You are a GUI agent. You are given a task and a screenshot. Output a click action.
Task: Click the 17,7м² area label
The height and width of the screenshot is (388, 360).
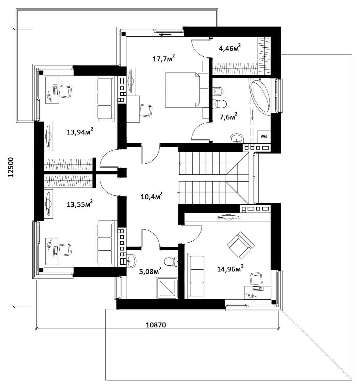click(x=164, y=58)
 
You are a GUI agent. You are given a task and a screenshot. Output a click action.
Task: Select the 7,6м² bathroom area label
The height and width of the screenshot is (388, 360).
click(x=229, y=117)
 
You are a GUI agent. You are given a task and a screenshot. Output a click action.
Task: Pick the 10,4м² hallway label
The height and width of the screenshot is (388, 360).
click(x=151, y=196)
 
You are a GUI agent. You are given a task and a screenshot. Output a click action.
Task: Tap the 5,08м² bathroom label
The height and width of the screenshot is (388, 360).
click(x=150, y=271)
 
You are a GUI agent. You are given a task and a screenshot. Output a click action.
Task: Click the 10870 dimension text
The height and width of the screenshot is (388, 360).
click(x=156, y=325)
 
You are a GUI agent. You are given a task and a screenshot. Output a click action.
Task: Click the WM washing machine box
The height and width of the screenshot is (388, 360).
click(x=264, y=137)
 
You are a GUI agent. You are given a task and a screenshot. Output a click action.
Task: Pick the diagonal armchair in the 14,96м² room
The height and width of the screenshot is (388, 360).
click(x=241, y=245)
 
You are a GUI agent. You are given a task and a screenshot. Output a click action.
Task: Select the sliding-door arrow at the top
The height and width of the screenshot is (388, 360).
click(x=165, y=35)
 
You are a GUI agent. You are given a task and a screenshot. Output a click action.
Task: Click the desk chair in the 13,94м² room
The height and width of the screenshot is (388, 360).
click(x=65, y=91)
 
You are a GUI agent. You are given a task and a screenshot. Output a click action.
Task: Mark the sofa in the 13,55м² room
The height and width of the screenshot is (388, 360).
click(x=105, y=243)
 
